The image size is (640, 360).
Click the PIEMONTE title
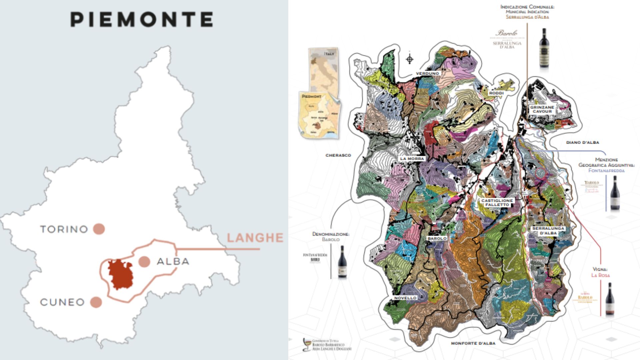(142, 19)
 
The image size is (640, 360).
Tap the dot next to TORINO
(99, 229)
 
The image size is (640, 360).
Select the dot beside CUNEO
(96, 302)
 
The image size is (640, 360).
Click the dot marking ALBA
(144, 262)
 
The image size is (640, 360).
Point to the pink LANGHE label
(255, 238)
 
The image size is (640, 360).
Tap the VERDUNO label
(428, 73)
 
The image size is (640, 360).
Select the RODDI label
(496, 93)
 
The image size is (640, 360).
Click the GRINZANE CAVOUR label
(542, 109)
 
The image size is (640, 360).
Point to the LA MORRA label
(412, 159)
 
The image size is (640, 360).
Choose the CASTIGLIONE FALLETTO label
(497, 203)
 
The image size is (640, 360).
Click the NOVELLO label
(405, 298)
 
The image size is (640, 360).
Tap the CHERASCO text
(338, 155)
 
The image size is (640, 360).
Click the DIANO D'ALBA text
(582, 142)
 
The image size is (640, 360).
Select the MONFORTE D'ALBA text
(473, 343)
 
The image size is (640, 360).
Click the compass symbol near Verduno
(410, 59)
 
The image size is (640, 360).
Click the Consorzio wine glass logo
(307, 344)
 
